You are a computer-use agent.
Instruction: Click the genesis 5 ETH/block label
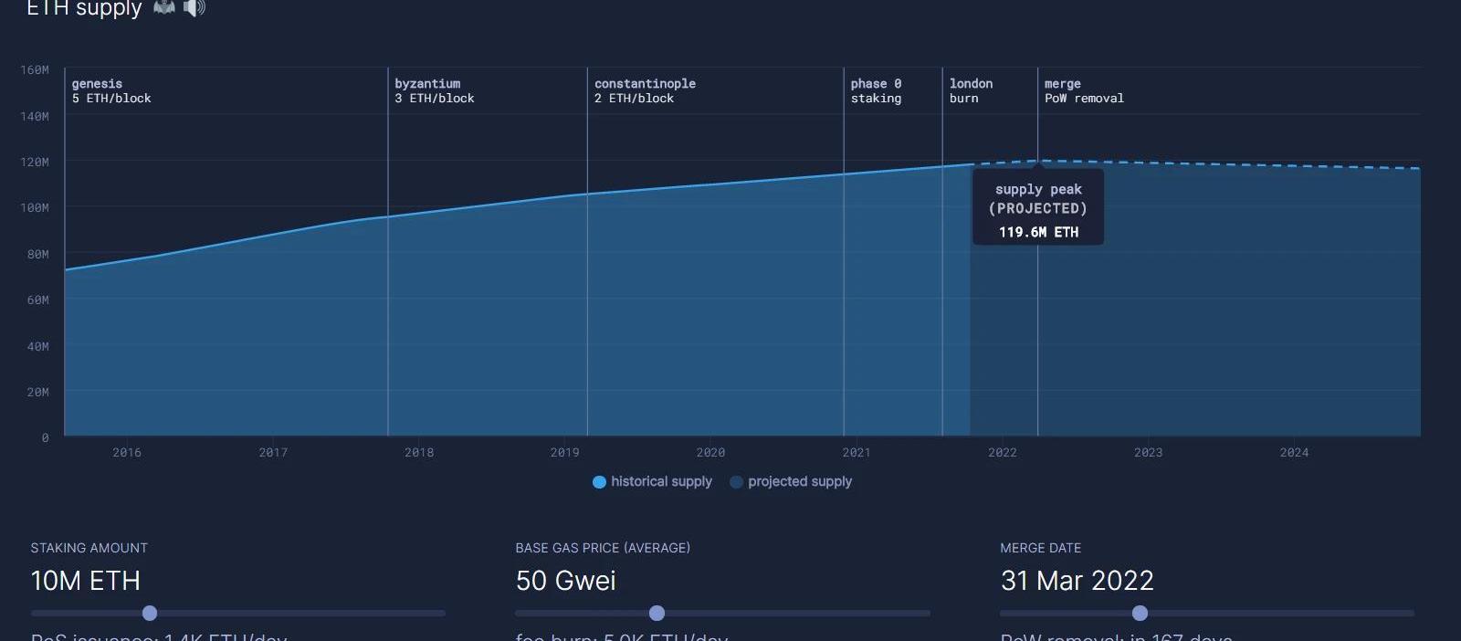coord(111,90)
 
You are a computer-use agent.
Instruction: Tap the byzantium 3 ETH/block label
coord(434,90)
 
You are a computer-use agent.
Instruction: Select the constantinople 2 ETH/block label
coord(645,90)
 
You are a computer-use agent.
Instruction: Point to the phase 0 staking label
coord(876,90)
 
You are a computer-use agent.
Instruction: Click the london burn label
coord(971,90)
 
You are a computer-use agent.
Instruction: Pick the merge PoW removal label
coord(1084,90)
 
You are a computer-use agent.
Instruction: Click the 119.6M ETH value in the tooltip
coord(1038,232)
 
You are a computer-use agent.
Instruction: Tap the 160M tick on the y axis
coord(35,69)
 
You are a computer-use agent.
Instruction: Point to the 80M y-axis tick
coord(37,254)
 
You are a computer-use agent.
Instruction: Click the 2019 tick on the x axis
coord(564,452)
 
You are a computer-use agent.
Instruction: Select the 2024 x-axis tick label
coord(1294,452)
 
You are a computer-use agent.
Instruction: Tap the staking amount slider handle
coord(150,613)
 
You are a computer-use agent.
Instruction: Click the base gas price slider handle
coord(657,613)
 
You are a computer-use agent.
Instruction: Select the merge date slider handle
coord(1140,613)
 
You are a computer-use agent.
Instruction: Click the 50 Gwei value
coord(565,581)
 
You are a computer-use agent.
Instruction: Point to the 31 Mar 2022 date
coord(1077,581)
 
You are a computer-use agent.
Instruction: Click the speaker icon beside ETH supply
coord(194,8)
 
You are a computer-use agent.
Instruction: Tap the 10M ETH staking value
coord(85,581)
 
